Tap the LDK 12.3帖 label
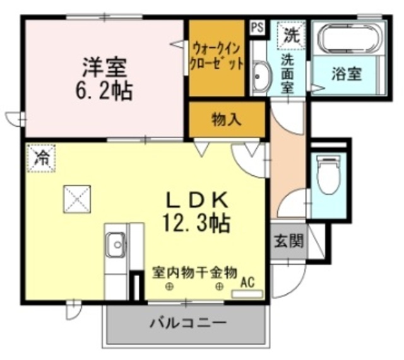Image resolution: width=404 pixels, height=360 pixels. [196, 211]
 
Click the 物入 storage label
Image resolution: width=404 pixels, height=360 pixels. [226, 119]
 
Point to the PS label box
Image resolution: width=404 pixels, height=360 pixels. [257, 27]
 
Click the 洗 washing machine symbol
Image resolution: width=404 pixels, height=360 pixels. [290, 35]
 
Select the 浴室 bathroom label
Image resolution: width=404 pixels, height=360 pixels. [347, 73]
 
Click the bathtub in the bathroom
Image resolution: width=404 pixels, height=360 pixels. [349, 39]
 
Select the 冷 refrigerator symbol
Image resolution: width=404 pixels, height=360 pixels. [41, 157]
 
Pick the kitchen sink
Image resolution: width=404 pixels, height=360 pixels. [116, 244]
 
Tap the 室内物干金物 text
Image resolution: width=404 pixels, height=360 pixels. [194, 272]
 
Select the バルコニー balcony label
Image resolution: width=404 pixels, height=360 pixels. [187, 324]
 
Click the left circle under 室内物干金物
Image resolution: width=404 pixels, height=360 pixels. [170, 287]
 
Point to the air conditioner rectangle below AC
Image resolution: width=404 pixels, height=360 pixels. [244, 293]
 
